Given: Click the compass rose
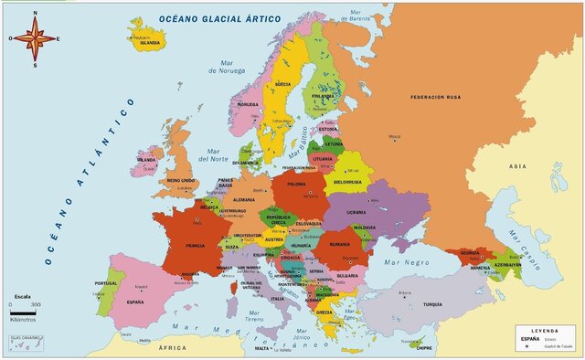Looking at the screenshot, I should [34, 38].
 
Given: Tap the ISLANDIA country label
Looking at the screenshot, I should [149, 43].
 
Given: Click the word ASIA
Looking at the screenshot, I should [517, 165].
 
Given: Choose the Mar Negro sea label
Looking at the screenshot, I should [406, 262].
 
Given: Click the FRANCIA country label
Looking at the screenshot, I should [195, 246].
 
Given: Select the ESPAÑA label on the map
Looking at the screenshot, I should [134, 301].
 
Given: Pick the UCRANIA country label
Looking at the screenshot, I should [356, 212].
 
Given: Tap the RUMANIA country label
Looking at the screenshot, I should [340, 244].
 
